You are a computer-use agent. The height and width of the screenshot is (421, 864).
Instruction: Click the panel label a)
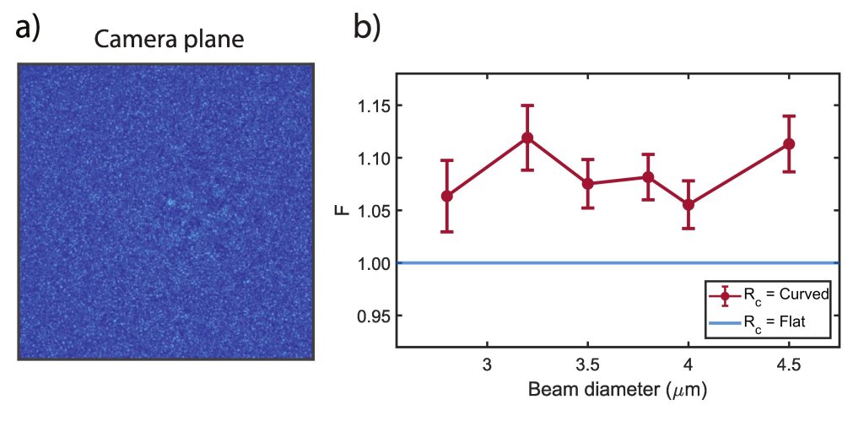28,28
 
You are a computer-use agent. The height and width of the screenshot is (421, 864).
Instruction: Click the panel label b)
367,28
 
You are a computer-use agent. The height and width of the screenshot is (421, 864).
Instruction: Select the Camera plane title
169,40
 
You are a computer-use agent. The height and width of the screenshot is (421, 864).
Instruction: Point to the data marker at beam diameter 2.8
447,196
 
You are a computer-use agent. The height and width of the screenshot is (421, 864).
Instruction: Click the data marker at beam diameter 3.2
527,138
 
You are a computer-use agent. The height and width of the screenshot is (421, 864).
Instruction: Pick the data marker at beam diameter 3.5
588,183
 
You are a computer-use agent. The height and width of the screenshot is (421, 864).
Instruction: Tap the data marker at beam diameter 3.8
648,177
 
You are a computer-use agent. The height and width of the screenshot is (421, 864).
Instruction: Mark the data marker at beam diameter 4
688,204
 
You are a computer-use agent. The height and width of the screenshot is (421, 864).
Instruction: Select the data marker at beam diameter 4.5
789,143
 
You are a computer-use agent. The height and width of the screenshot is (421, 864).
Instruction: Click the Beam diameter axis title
617,390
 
